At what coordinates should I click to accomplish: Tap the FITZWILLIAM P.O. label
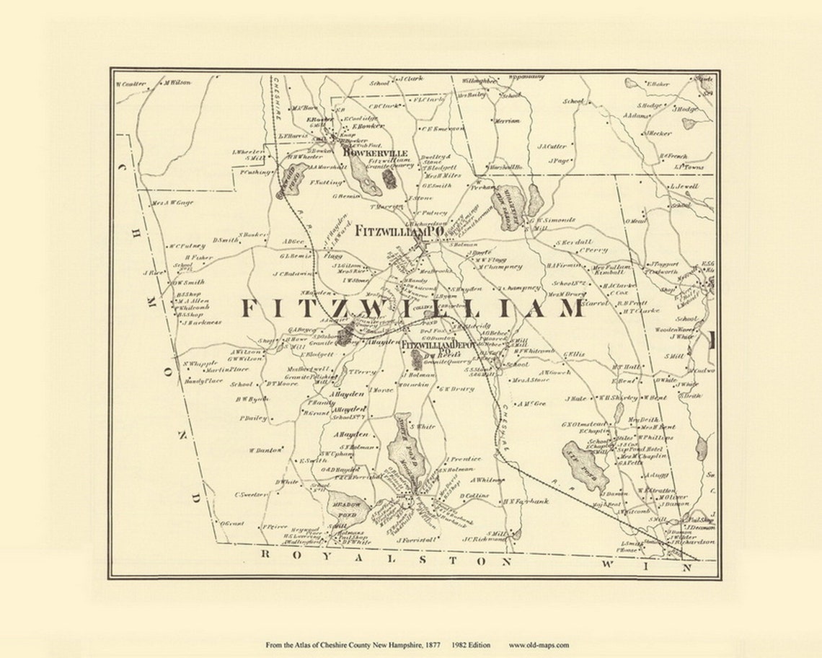tap(399, 232)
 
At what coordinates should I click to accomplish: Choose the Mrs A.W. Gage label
tap(172, 203)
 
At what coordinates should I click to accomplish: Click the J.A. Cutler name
tap(552, 146)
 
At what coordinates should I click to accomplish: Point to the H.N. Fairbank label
tap(526, 501)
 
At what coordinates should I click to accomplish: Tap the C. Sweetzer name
tap(251, 495)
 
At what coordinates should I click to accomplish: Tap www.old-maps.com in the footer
tap(539, 645)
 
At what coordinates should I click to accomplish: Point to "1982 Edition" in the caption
tap(471, 645)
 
